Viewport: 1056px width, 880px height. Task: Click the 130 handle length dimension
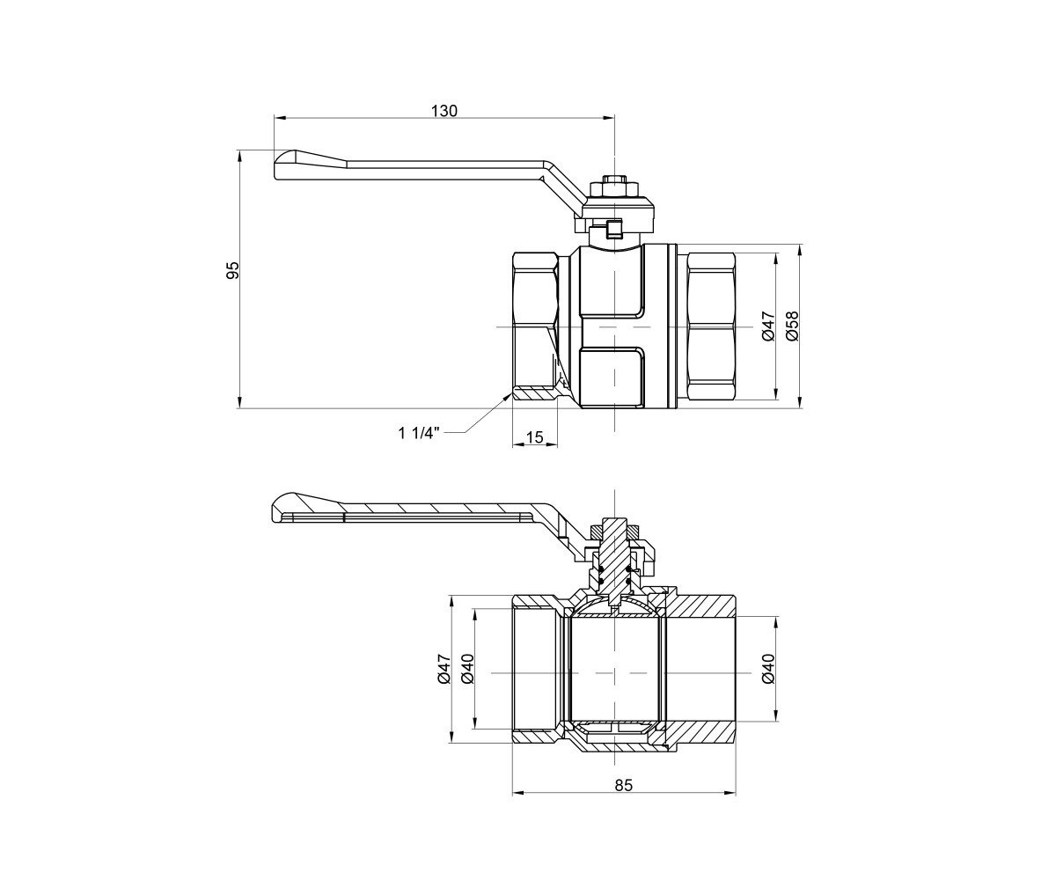click(444, 111)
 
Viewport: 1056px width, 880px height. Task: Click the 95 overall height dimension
click(232, 270)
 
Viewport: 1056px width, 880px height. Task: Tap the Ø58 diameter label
click(792, 326)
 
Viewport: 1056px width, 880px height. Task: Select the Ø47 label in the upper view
click(768, 326)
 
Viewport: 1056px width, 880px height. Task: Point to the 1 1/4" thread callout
click(420, 433)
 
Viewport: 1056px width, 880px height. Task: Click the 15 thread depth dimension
click(534, 436)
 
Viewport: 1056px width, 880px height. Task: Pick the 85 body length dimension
click(624, 786)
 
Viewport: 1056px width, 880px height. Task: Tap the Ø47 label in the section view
click(444, 669)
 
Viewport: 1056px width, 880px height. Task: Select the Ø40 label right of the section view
click(767, 669)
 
